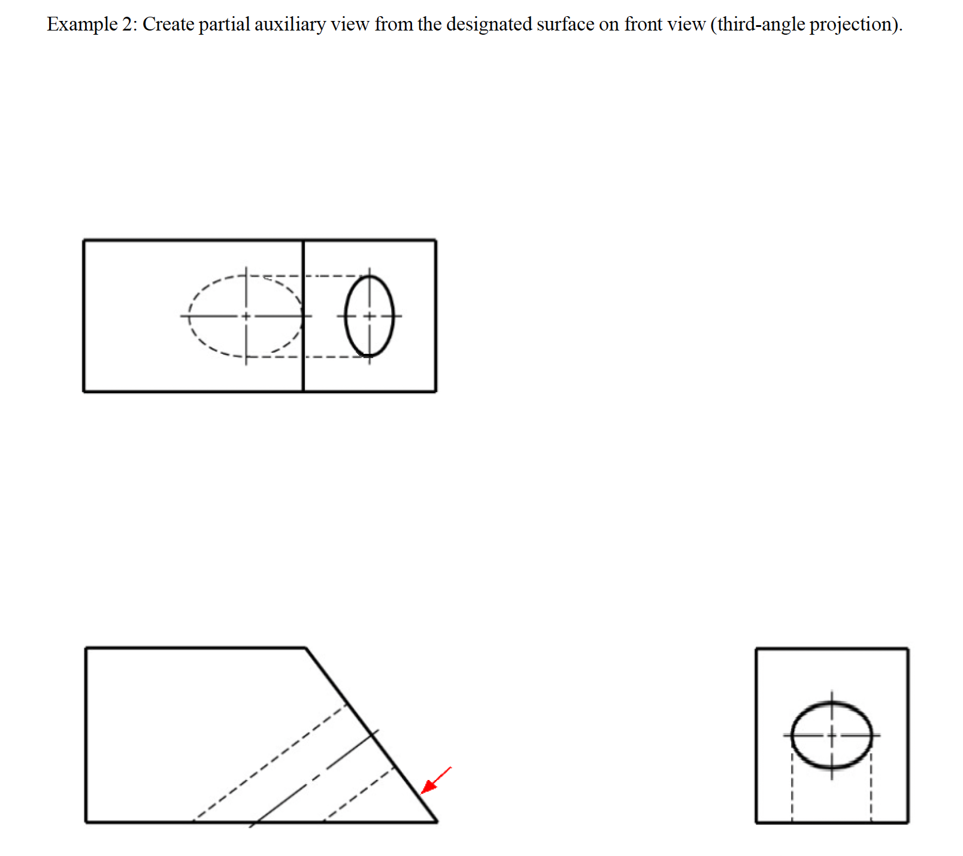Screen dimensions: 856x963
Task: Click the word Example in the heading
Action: tap(82, 25)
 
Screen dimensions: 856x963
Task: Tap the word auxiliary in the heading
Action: tap(290, 25)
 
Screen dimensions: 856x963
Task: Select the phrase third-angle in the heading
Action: tap(761, 25)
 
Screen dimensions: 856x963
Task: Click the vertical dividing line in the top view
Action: tap(304, 371)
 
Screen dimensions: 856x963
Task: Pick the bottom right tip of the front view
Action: tap(437, 821)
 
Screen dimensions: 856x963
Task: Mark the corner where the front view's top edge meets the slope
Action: tap(306, 648)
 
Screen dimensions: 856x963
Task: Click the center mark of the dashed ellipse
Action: tap(246, 315)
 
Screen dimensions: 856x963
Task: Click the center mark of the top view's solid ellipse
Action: tap(370, 315)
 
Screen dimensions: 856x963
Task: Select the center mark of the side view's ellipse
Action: tap(831, 734)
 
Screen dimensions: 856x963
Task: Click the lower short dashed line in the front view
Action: tap(359, 794)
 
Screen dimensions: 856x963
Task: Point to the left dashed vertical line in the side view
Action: tap(792, 790)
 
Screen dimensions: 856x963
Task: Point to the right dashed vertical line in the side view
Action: tap(871, 790)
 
